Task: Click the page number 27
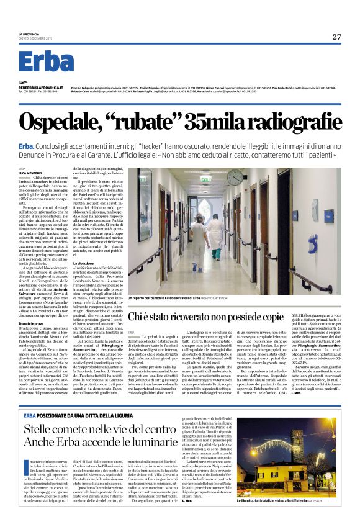(336, 37)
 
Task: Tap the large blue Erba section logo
(46, 62)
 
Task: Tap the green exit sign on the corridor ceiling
(205, 180)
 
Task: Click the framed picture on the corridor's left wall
(144, 204)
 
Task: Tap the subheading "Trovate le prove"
(33, 324)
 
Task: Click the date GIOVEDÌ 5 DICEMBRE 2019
(38, 37)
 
